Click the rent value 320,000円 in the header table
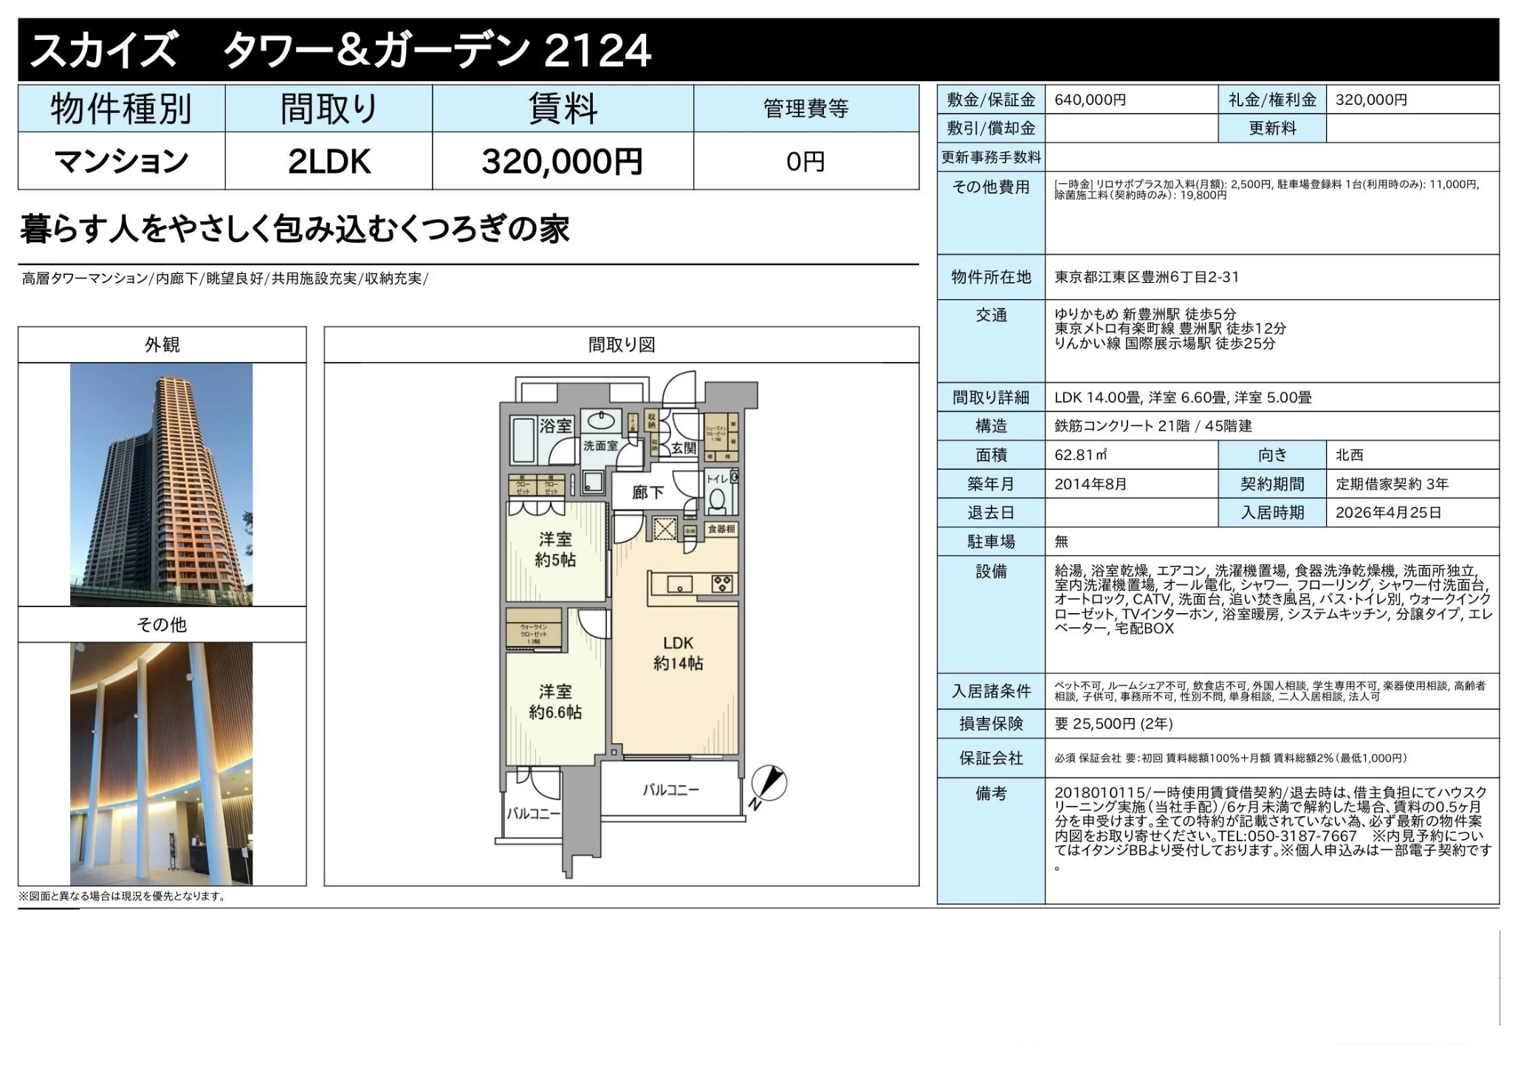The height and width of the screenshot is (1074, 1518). point(562,161)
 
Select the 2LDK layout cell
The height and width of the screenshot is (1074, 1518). point(329,161)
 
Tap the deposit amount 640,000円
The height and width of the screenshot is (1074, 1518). point(1090,100)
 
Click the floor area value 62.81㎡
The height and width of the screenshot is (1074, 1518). point(1080,455)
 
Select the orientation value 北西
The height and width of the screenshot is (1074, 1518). point(1349,455)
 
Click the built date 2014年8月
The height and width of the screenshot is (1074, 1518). point(1090,484)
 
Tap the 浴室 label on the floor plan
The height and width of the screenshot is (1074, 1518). point(555,425)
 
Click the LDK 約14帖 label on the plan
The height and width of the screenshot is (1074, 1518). point(678,653)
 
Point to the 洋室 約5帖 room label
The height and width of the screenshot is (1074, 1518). point(555,550)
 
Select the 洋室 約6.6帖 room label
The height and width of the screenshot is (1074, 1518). point(555,702)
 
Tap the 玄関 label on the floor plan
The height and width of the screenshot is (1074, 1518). point(684,448)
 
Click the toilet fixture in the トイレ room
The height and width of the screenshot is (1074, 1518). point(716,500)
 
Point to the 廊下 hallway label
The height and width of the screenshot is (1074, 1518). point(648,492)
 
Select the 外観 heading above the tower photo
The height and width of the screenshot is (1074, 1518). point(162,345)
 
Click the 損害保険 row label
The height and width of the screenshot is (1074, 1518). point(990,724)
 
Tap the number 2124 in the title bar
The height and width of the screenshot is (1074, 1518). point(597,50)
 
